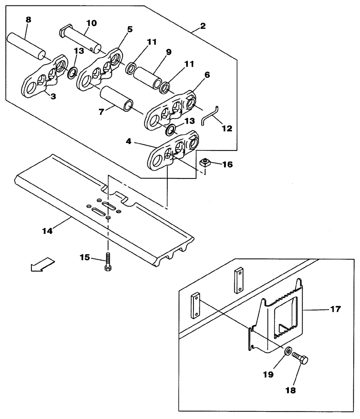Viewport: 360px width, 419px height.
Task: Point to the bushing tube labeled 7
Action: pyautogui.click(x=117, y=99)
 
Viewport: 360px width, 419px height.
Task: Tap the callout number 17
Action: pyautogui.click(x=336, y=310)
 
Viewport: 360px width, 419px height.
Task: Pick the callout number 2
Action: pyautogui.click(x=203, y=26)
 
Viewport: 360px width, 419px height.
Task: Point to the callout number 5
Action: pyautogui.click(x=130, y=29)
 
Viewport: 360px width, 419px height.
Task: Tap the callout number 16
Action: pyautogui.click(x=227, y=165)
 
